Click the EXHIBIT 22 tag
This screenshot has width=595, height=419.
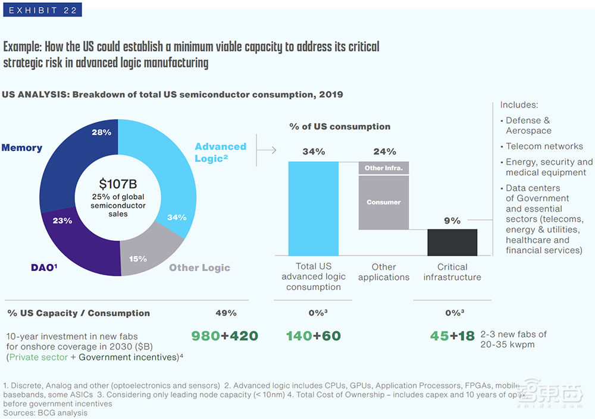(42, 10)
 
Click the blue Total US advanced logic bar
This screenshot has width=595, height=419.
(314, 208)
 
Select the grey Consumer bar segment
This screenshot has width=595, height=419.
(384, 202)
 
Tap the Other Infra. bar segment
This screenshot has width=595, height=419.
(384, 168)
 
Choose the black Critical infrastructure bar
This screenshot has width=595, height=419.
(452, 242)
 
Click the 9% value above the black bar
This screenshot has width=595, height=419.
(452, 220)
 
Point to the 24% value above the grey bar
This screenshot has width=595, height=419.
(384, 152)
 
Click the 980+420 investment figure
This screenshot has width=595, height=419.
(224, 336)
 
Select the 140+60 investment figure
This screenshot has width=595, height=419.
(313, 336)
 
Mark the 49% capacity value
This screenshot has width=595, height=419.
(226, 313)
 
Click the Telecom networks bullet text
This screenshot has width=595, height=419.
(544, 146)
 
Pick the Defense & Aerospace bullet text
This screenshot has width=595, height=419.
(528, 125)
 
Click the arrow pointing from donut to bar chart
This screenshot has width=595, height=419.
(267, 150)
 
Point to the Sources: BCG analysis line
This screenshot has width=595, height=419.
(45, 412)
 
